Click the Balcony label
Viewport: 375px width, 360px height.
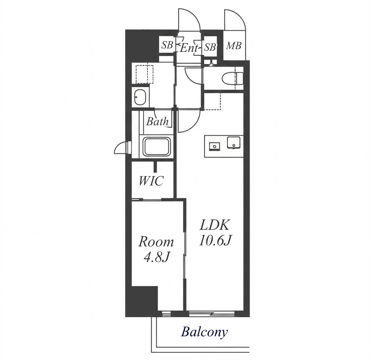(x=204, y=332)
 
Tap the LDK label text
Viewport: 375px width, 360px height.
(x=215, y=225)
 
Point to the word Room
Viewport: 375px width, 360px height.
(x=156, y=242)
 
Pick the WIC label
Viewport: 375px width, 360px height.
(x=151, y=181)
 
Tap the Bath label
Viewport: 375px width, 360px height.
(x=157, y=122)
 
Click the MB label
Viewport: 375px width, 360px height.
(x=234, y=45)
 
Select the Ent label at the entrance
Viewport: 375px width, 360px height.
(x=189, y=48)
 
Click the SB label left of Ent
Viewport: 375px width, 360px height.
(x=167, y=45)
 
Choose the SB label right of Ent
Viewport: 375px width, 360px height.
(x=210, y=47)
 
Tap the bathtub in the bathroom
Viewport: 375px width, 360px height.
(x=157, y=146)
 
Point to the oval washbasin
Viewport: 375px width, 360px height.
(x=140, y=97)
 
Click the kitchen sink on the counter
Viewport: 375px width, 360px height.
(x=233, y=143)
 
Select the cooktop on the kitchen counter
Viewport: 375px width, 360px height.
(x=215, y=146)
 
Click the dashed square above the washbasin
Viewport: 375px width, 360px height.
(x=144, y=74)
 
